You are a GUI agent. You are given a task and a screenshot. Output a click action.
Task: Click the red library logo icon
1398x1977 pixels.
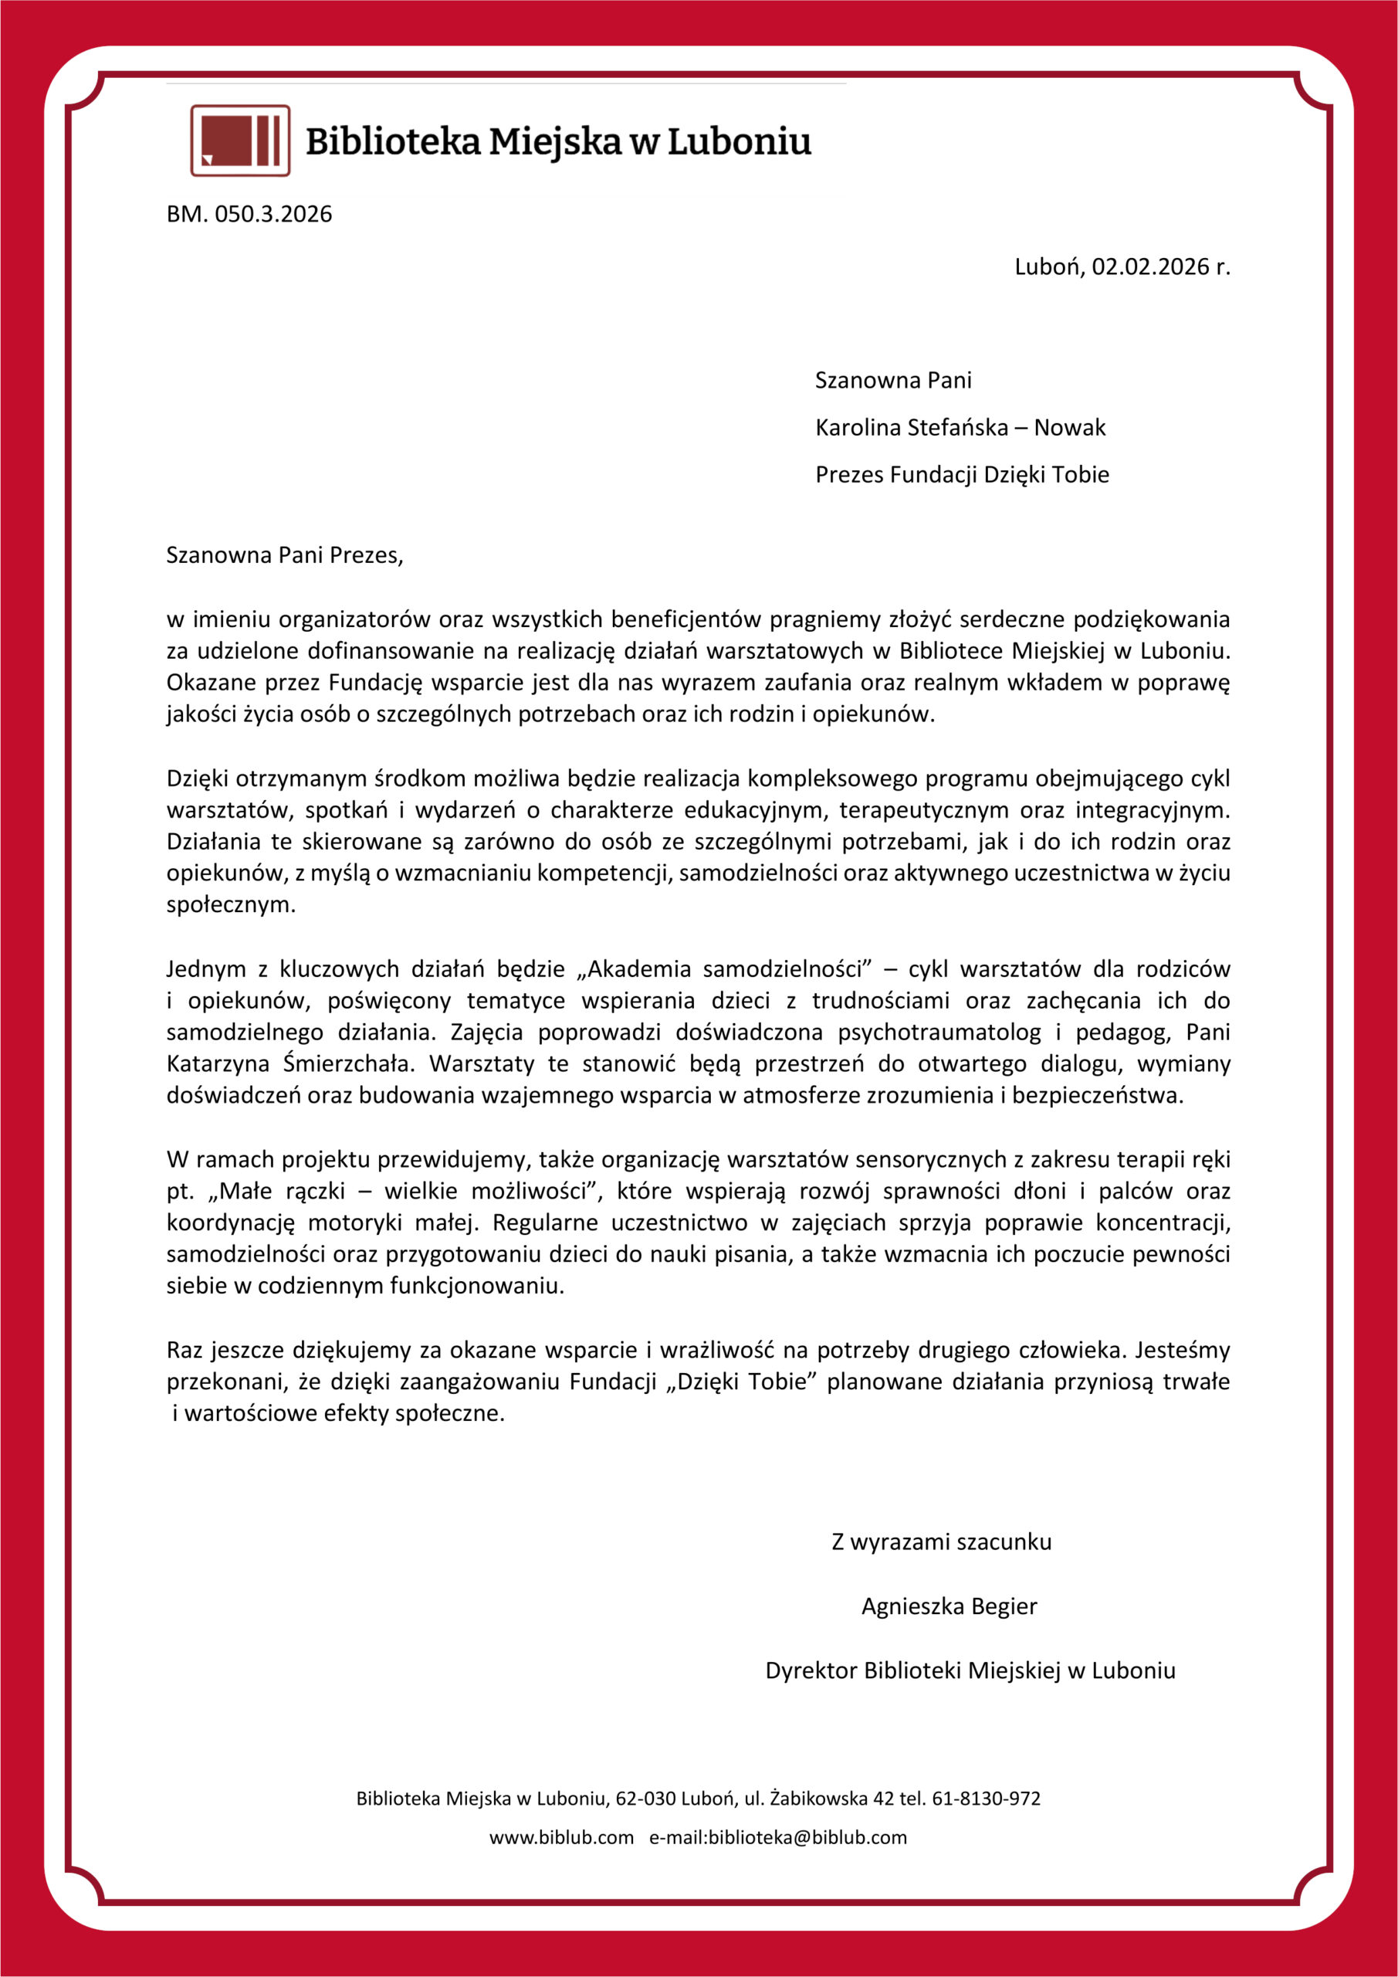click(x=239, y=141)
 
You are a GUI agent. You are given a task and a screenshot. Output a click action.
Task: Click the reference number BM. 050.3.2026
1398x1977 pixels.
click(x=249, y=214)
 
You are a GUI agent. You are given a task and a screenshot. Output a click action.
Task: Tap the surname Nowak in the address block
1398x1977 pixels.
click(x=1069, y=427)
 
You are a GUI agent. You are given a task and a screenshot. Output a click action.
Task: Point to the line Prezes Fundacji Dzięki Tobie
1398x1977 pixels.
click(x=962, y=474)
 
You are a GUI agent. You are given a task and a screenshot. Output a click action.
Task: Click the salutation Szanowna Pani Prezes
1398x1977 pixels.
click(x=284, y=554)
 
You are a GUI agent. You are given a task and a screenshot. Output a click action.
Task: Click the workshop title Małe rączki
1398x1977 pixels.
click(x=283, y=1192)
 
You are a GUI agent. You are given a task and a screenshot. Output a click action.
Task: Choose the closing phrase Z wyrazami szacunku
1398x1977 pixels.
click(x=941, y=1541)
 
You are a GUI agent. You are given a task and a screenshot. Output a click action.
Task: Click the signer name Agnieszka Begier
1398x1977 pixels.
click(x=949, y=1606)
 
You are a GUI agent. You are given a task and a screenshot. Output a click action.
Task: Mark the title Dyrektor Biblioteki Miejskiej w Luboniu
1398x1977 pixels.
click(x=970, y=1670)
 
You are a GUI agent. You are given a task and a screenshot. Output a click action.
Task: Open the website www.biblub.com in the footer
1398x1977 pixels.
click(x=561, y=1837)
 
